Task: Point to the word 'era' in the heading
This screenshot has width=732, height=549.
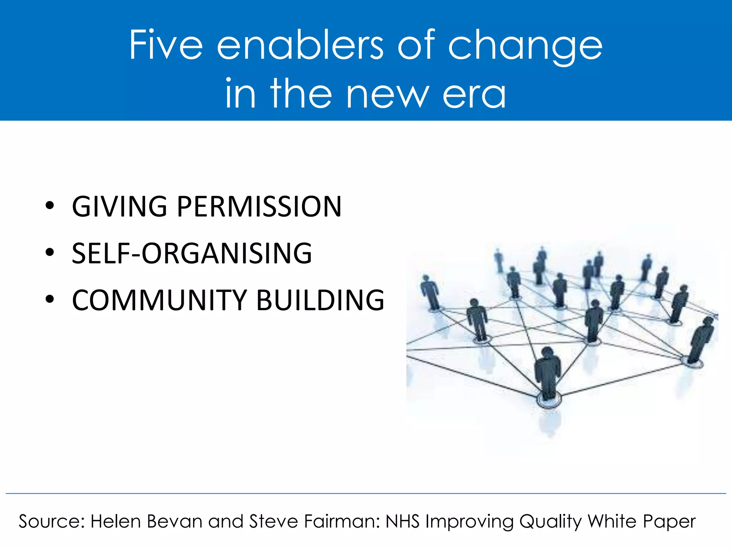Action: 474,94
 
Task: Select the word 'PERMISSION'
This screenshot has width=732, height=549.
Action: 259,207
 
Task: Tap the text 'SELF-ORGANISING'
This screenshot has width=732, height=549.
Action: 192,253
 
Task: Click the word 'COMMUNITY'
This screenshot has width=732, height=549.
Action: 159,300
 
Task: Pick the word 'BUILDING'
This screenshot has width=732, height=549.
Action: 320,300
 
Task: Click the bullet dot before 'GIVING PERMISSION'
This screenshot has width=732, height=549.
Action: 50,206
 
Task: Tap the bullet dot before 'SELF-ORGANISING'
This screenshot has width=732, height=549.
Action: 50,252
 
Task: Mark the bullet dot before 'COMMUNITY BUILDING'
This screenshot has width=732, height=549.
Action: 50,299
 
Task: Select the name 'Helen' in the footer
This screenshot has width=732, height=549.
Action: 115,521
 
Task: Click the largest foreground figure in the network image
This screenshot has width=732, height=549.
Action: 547,374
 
